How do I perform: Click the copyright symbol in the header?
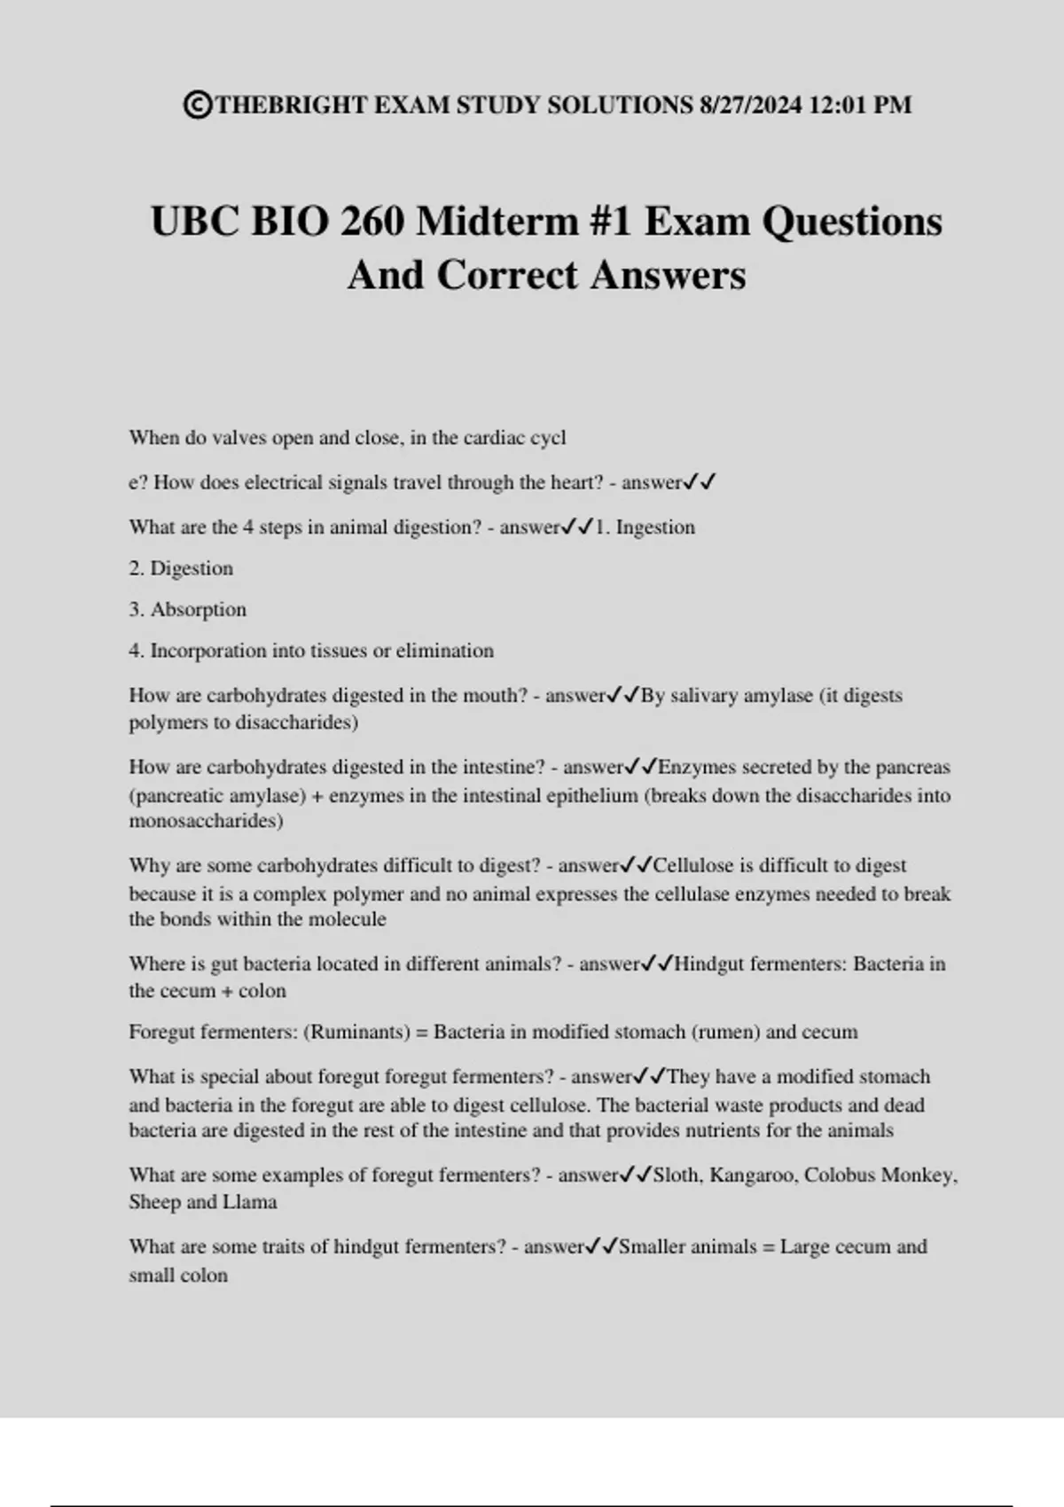pyautogui.click(x=198, y=105)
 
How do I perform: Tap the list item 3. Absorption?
pyautogui.click(x=188, y=610)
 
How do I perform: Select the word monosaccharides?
pyautogui.click(x=206, y=821)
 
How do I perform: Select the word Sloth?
pyautogui.click(x=677, y=1175)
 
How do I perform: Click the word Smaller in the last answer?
pyautogui.click(x=652, y=1247)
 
